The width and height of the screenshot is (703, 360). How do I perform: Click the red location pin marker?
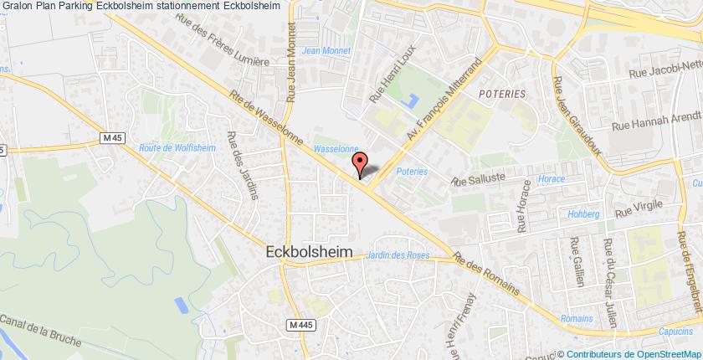pos(360,163)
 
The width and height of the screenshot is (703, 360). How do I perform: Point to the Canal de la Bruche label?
pos(41,332)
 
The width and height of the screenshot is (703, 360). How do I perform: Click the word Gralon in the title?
pos(18,7)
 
